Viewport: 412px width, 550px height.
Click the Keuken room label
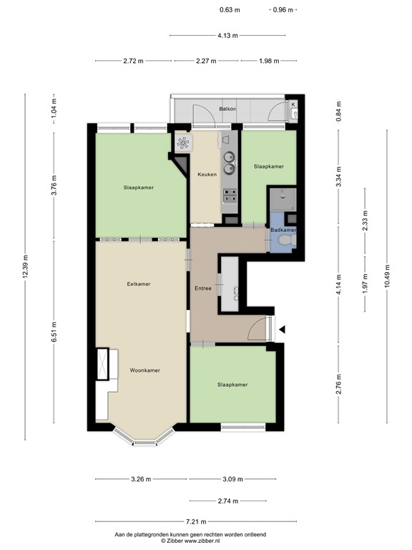pyautogui.click(x=207, y=174)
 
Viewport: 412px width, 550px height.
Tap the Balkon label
pyautogui.click(x=227, y=109)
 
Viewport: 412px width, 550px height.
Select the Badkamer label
pyautogui.click(x=283, y=230)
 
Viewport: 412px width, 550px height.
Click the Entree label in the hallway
pyautogui.click(x=203, y=289)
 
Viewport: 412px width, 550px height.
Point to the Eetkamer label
pyautogui.click(x=139, y=284)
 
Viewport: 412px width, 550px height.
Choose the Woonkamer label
pyautogui.click(x=145, y=370)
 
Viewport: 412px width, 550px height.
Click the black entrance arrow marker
pyautogui.click(x=282, y=329)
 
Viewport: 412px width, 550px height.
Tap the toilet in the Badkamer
pyautogui.click(x=286, y=241)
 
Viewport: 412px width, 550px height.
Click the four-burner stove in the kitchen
pyautogui.click(x=230, y=196)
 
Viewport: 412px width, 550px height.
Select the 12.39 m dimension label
pyautogui.click(x=25, y=266)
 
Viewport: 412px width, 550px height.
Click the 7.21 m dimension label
pyautogui.click(x=196, y=521)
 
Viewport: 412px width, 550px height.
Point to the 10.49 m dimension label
pyautogui.click(x=387, y=276)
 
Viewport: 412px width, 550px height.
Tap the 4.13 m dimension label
pyautogui.click(x=227, y=35)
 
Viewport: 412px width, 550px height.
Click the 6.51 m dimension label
pyautogui.click(x=54, y=332)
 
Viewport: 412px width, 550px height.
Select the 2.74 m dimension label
pyautogui.click(x=228, y=501)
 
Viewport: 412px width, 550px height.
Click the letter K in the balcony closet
pyautogui.click(x=293, y=105)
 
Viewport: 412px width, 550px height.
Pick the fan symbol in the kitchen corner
pyautogui.click(x=183, y=143)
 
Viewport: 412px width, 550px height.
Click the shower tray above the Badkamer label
pyautogui.click(x=283, y=200)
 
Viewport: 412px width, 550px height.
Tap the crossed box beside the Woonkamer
pyautogui.click(x=102, y=364)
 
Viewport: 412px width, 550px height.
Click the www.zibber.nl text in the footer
pyautogui.click(x=202, y=541)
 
